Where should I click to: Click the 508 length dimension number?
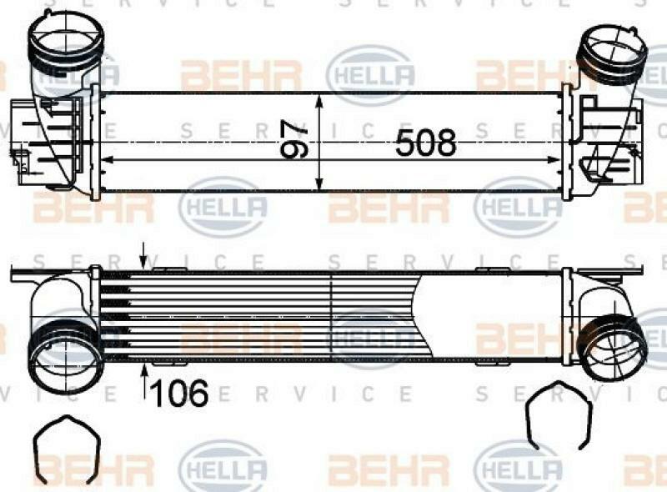click(426, 143)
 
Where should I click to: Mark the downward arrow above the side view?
click(144, 254)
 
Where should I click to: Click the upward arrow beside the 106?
click(145, 384)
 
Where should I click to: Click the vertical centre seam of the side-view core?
click(333, 318)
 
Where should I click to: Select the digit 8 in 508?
click(446, 143)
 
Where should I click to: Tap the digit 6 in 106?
click(197, 393)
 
